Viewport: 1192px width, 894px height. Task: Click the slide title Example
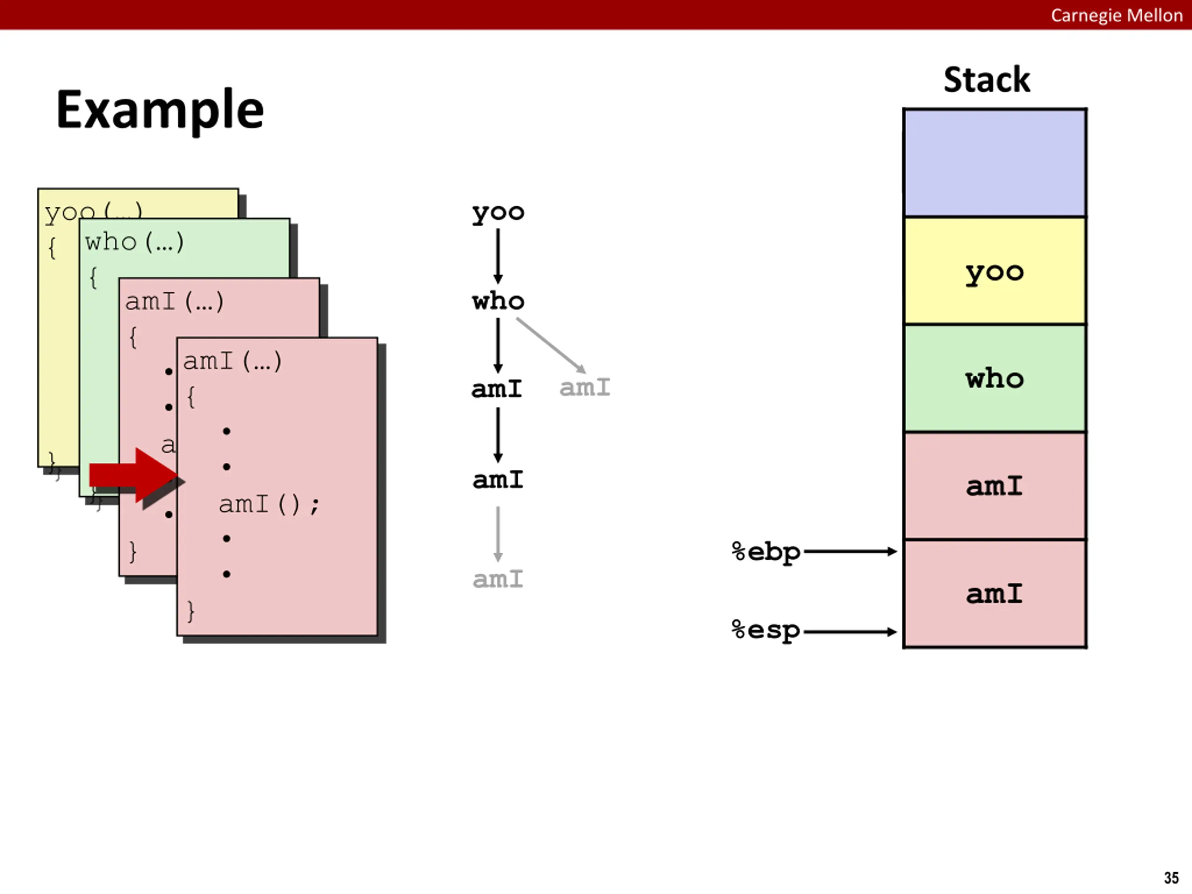pyautogui.click(x=160, y=110)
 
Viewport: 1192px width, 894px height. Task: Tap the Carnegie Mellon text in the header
pyautogui.click(x=1116, y=15)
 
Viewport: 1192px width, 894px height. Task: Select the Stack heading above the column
pyautogui.click(x=987, y=80)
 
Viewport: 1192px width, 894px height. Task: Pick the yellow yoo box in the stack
pyautogui.click(x=995, y=271)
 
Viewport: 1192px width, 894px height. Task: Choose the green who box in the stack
pyautogui.click(x=995, y=378)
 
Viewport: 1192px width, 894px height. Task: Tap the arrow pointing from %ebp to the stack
pyautogui.click(x=850, y=551)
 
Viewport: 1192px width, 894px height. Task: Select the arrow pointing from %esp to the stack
pyautogui.click(x=850, y=631)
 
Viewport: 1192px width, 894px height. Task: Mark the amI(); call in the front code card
pyautogui.click(x=269, y=505)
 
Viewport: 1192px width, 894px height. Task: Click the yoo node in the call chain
pyautogui.click(x=498, y=212)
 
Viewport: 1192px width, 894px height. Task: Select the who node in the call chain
pyautogui.click(x=498, y=301)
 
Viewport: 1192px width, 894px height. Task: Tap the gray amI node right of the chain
pyautogui.click(x=585, y=387)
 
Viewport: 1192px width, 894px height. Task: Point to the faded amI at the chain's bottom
pyautogui.click(x=498, y=579)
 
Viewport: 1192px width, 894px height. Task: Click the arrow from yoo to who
pyautogui.click(x=498, y=256)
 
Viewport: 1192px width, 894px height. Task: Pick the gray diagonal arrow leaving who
pyautogui.click(x=551, y=345)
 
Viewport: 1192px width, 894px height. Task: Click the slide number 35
pyautogui.click(x=1171, y=878)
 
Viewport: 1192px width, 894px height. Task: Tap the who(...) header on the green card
pyautogui.click(x=134, y=242)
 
